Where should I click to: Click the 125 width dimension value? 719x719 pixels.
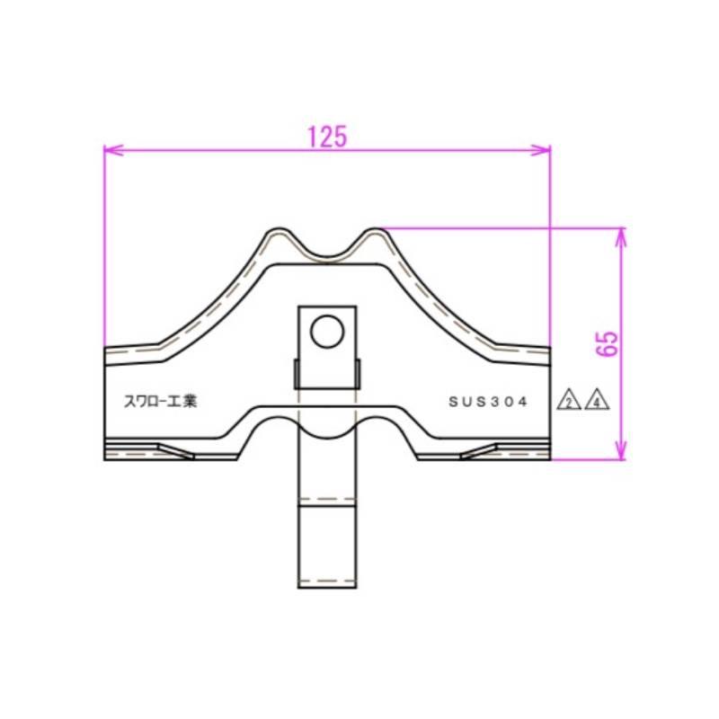327,137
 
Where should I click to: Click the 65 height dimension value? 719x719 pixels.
608,344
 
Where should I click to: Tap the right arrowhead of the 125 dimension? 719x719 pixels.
541,150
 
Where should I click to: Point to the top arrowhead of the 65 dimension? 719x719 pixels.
620,237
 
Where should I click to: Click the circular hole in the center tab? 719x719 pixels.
327,331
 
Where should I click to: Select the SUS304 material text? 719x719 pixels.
488,402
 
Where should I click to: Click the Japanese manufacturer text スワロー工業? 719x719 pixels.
161,402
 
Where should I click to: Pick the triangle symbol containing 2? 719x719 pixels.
569,400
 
